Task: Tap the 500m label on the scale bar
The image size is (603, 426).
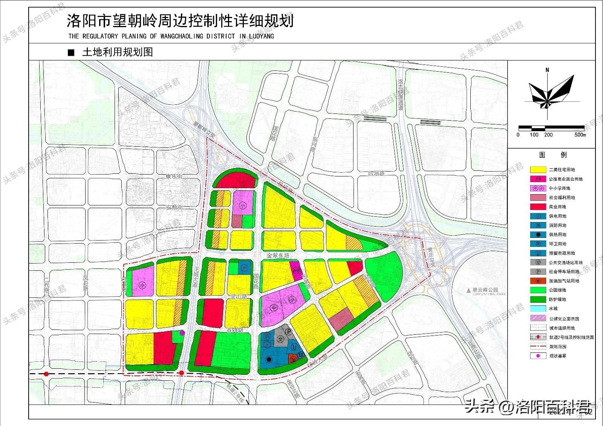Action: point(580,135)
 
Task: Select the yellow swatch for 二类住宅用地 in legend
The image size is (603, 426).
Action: point(538,170)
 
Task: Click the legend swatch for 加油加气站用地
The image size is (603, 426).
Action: point(538,281)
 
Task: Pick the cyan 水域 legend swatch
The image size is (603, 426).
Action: point(538,309)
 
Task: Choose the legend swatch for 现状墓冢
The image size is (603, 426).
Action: point(538,356)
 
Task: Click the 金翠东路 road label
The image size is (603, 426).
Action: point(278,256)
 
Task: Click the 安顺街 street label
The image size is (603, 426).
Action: point(174,207)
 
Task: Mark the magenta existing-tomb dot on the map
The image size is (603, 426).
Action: point(182,333)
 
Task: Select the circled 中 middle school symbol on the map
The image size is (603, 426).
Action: point(274,308)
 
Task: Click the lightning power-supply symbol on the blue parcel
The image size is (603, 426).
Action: point(245,267)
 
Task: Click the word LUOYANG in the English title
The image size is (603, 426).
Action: point(260,36)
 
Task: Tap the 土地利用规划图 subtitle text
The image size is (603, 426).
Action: point(117,52)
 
